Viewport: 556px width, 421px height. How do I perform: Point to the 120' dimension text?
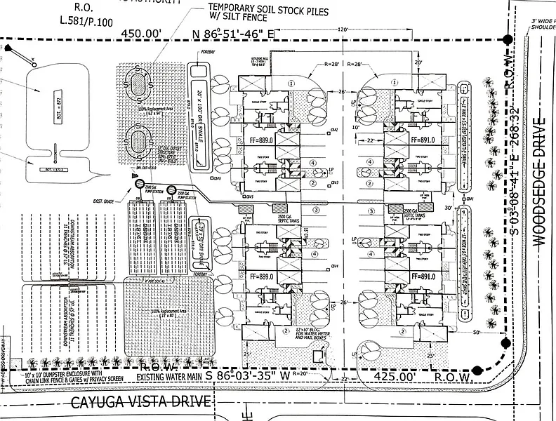(342, 30)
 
